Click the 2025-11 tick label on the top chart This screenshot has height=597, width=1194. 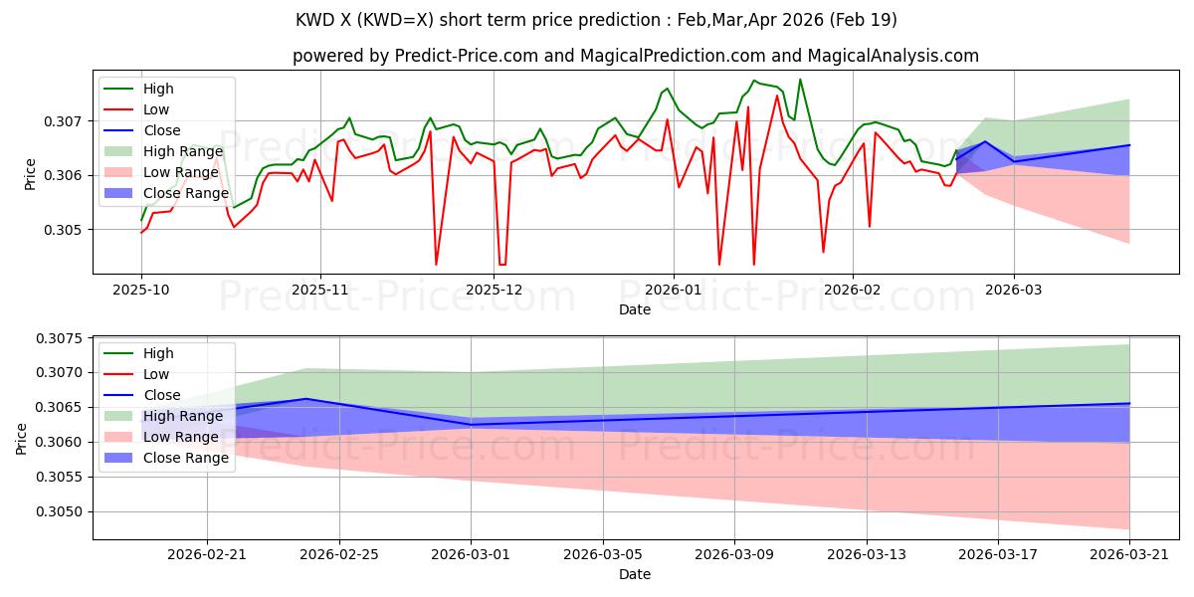(319, 290)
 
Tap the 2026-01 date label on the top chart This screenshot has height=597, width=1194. (674, 290)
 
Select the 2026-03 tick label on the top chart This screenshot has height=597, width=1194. (1013, 290)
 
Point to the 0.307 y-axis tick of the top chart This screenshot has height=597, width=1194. (63, 121)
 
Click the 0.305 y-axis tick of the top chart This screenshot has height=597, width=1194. (63, 230)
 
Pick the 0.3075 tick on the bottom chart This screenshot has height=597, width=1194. (59, 338)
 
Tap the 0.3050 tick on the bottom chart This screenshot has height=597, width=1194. (59, 511)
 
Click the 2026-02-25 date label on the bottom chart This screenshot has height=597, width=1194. (339, 555)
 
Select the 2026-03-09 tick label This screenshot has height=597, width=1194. (734, 555)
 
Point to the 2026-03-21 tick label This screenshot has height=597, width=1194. (1129, 555)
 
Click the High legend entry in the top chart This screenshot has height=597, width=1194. (158, 89)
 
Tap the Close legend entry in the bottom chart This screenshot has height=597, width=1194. (162, 395)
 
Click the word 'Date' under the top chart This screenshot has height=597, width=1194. (635, 309)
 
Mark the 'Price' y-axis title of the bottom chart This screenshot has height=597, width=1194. (21, 439)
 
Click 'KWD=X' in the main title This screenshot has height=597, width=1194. (394, 20)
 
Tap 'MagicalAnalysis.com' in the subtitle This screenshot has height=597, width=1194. (893, 56)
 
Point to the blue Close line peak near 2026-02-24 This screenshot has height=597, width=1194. (306, 399)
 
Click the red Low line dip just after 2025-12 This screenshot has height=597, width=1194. (501, 265)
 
